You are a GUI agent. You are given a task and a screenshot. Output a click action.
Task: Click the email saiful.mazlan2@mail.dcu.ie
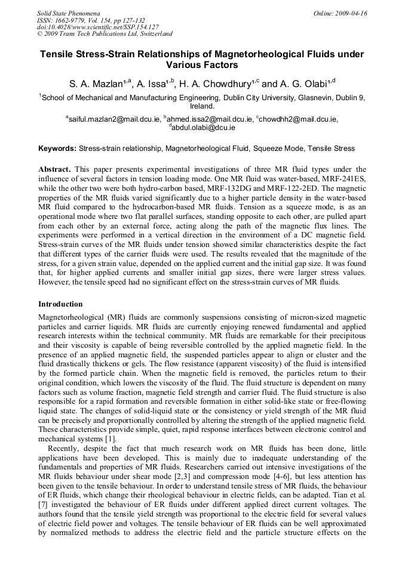[114, 119]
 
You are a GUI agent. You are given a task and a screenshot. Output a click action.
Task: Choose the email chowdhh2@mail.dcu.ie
[299, 119]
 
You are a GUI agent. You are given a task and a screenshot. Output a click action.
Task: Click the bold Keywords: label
[57, 149]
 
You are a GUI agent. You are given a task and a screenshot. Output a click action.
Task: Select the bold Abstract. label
[55, 169]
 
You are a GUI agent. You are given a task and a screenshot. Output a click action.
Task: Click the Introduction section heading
[60, 304]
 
